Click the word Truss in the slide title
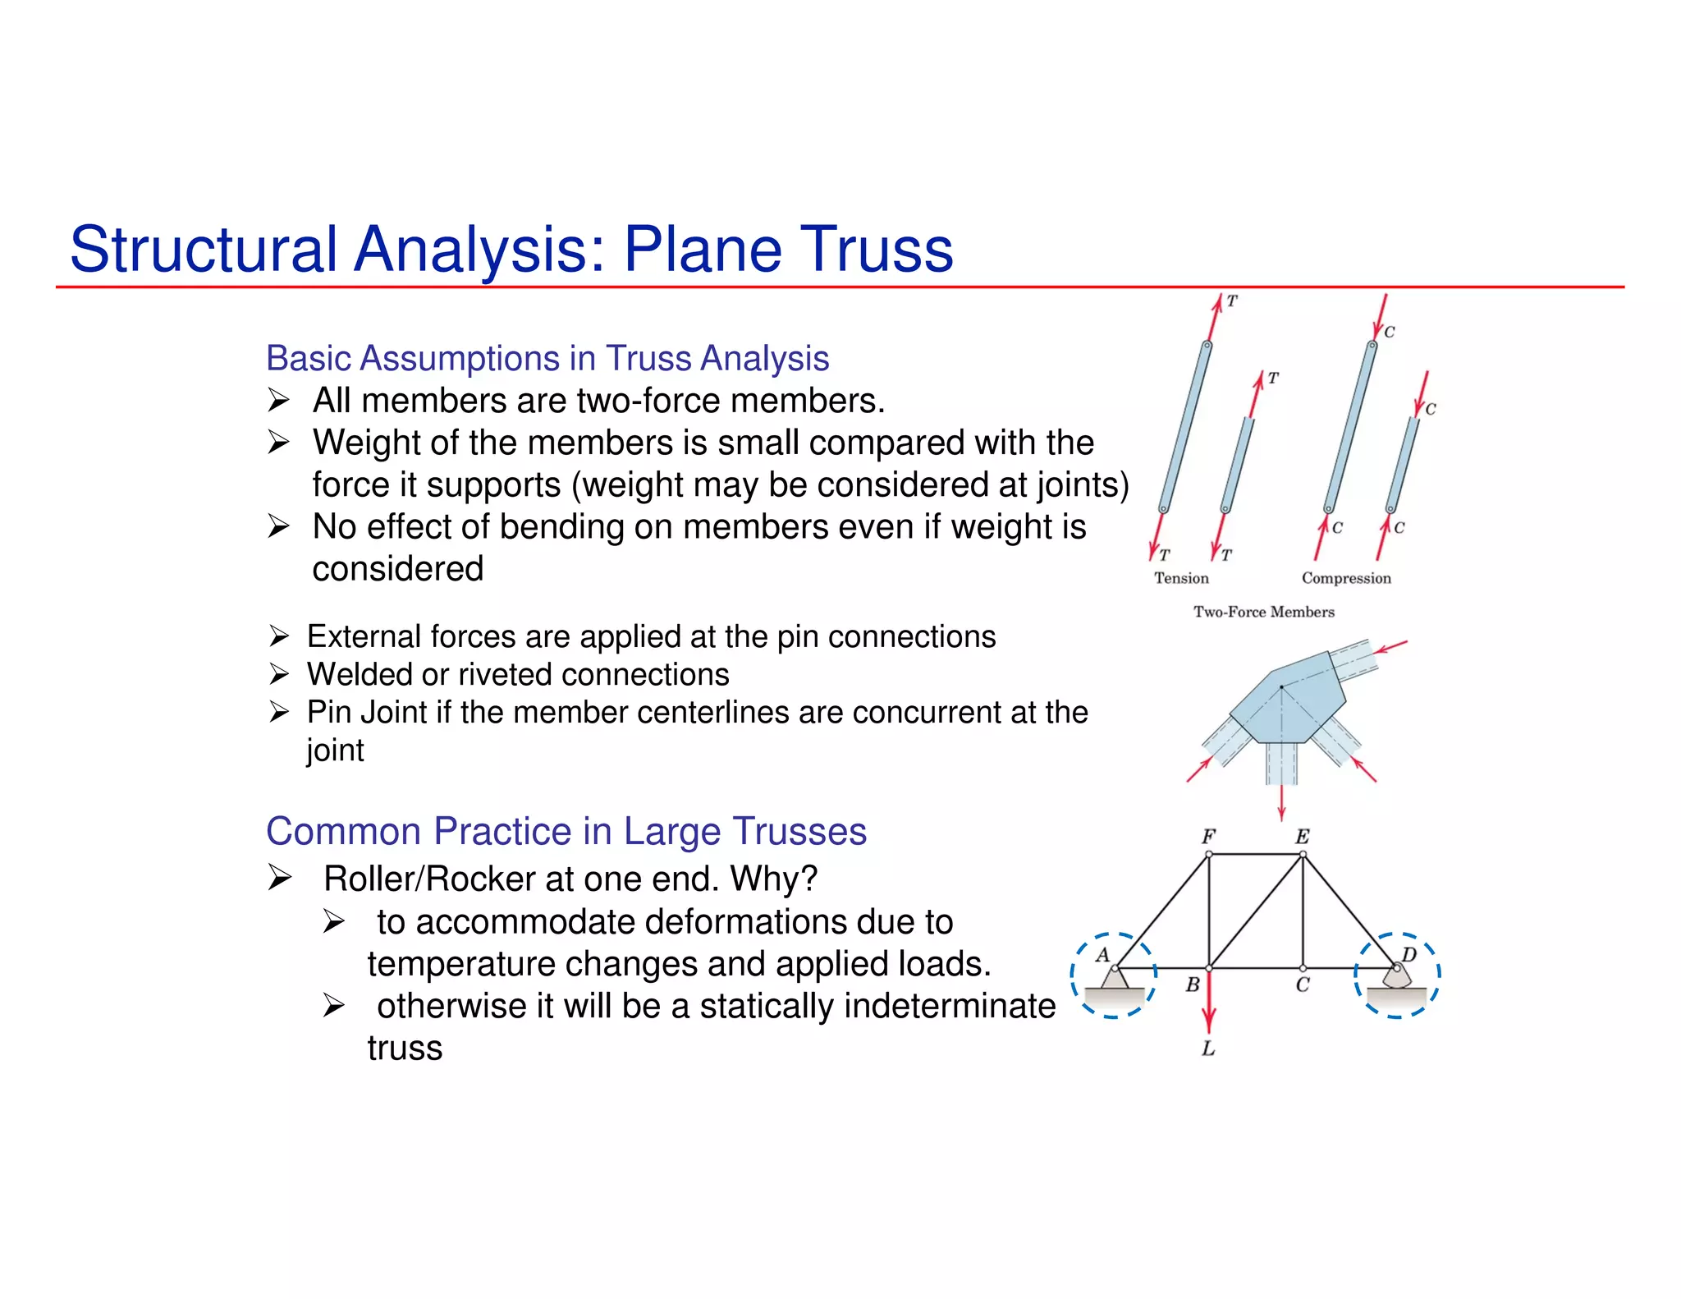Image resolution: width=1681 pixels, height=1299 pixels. click(875, 250)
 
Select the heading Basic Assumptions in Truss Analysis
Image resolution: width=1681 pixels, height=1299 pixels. click(547, 359)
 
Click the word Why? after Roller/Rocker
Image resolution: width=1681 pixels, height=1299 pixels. click(774, 879)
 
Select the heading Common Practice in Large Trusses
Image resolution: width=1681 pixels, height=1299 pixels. click(566, 831)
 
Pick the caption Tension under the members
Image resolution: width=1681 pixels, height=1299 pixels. click(1181, 578)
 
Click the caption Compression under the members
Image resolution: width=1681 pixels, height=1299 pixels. click(1346, 578)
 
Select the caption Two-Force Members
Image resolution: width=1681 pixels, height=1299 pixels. click(1263, 612)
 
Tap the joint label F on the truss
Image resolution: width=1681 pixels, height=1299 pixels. click(1208, 837)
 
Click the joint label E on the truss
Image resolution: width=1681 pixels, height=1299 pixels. click(1303, 837)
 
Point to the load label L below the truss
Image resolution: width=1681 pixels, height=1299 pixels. click(1208, 1049)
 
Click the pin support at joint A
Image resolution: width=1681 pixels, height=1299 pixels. click(1114, 979)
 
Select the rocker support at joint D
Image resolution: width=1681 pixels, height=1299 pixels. click(1396, 977)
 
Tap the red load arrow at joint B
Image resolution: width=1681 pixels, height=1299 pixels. click(1208, 1006)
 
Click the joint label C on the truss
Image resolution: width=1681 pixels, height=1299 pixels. click(1303, 985)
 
